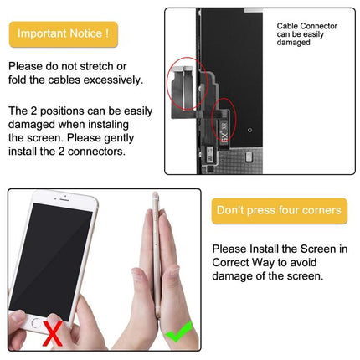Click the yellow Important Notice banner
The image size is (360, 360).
pos(63,34)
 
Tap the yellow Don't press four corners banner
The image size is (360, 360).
pos(279,210)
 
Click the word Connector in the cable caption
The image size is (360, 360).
pos(310,26)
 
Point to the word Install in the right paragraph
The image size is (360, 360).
pos(265,249)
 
